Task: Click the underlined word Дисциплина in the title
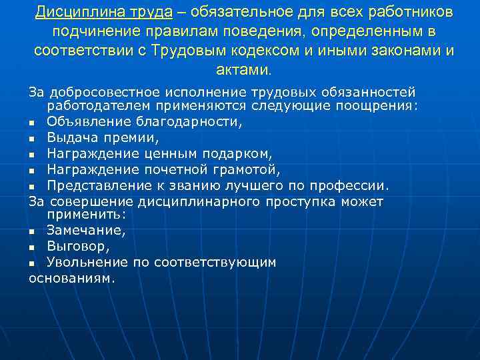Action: (76, 13)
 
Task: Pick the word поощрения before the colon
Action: (386, 107)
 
